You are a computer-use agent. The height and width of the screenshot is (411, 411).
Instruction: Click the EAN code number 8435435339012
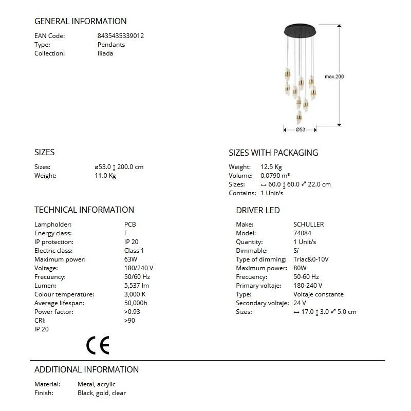(120, 36)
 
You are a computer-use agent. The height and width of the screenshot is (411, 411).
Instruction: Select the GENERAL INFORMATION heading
(80, 22)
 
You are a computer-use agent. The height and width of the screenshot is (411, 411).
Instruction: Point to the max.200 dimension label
(334, 77)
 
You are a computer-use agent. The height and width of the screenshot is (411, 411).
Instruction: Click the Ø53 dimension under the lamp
(301, 130)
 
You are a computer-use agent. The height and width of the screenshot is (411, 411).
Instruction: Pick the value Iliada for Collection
(105, 53)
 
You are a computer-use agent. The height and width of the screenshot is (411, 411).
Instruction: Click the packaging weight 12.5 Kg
(271, 167)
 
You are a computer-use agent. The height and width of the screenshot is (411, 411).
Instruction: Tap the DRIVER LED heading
(258, 210)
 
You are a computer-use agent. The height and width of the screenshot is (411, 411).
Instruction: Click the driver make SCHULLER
(308, 225)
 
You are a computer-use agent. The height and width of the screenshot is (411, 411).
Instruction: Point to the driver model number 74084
(302, 233)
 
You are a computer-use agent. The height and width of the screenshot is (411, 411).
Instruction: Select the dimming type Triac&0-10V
(311, 259)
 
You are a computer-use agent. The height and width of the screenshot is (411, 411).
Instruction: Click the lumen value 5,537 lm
(137, 286)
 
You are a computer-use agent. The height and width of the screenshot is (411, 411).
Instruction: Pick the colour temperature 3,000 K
(135, 294)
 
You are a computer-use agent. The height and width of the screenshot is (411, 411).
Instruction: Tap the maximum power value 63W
(130, 259)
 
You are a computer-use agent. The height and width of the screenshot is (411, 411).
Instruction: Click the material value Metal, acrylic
(97, 384)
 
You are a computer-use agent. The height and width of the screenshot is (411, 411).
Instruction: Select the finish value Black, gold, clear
(102, 393)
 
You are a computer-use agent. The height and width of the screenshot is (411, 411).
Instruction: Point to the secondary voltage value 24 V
(300, 303)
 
